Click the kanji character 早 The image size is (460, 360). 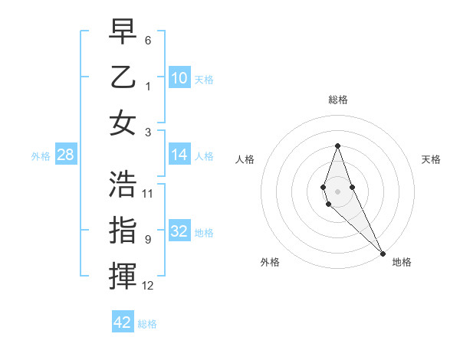click(x=123, y=32)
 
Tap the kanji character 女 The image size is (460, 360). click(x=123, y=123)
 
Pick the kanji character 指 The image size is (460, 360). click(x=123, y=231)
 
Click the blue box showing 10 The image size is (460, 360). click(x=179, y=77)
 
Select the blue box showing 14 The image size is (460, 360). click(x=179, y=155)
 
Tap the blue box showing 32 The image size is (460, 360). click(x=179, y=231)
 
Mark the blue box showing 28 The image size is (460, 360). click(x=65, y=155)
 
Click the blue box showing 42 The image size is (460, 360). click(x=123, y=322)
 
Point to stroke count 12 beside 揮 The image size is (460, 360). click(x=149, y=286)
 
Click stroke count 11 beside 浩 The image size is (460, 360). click(x=149, y=193)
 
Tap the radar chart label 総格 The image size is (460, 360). click(x=337, y=100)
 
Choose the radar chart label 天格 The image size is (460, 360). click(x=431, y=159)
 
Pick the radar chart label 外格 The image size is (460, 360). click(x=270, y=262)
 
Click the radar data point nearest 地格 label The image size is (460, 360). click(x=382, y=253)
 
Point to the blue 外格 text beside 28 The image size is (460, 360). click(x=41, y=155)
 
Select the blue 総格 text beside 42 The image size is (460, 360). click(x=147, y=324)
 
